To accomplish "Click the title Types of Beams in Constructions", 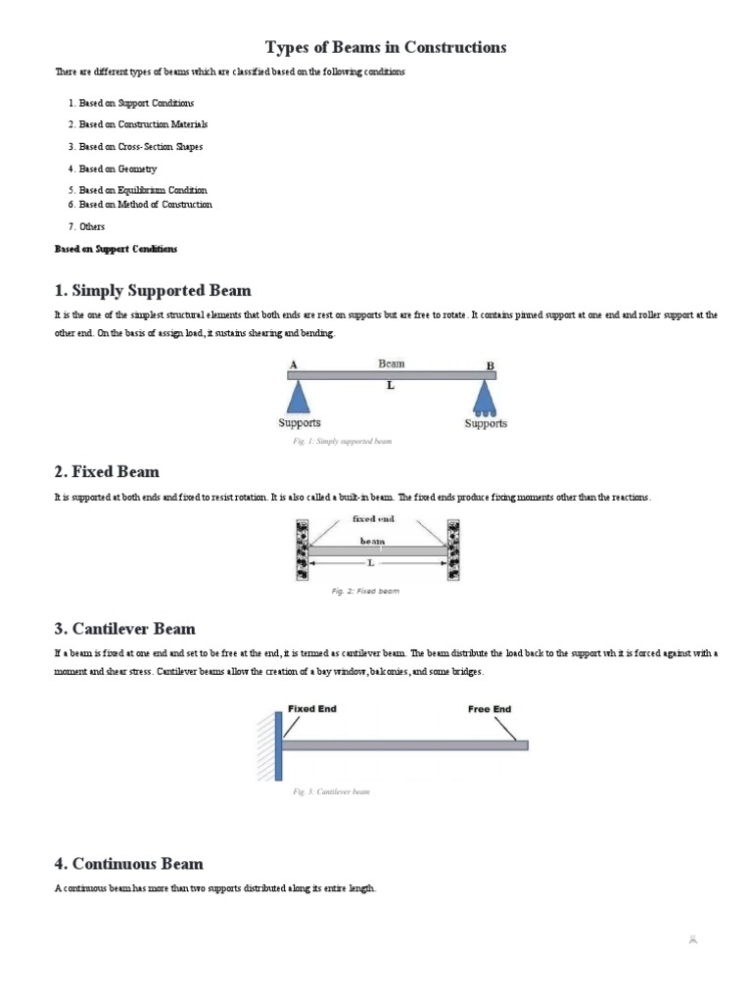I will pos(386,47).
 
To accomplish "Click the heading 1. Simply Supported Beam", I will pos(153,291).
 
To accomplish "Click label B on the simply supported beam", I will pos(491,365).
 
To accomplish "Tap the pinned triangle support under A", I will pos(299,397).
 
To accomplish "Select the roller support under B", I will pos(485,398).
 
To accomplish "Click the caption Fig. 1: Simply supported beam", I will pos(342,442).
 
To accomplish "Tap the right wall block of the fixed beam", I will pos(453,549).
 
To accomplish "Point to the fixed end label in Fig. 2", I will pos(373,519).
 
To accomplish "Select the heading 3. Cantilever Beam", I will pos(124,629).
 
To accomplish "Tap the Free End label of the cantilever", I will pos(490,709).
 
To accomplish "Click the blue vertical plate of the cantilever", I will pos(279,745).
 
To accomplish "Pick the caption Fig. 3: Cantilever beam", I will pos(332,791).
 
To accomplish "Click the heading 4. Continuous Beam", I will pos(128,864).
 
